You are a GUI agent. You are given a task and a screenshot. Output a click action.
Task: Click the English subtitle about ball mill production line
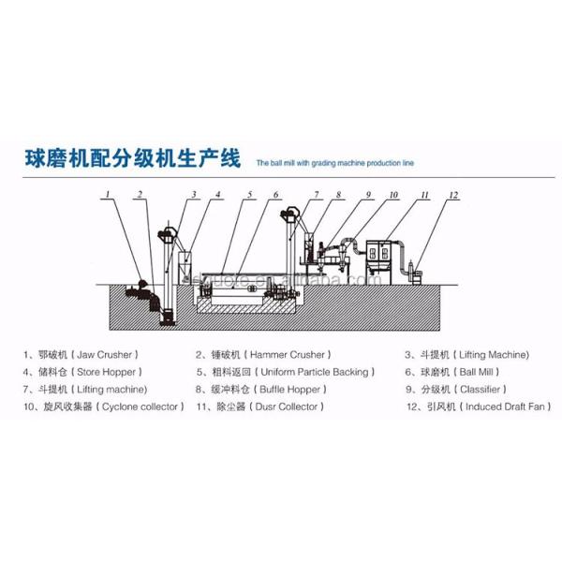point(334,162)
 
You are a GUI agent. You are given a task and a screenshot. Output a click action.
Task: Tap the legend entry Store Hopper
point(83,372)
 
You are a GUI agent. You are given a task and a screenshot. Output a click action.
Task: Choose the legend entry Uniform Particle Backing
point(282,372)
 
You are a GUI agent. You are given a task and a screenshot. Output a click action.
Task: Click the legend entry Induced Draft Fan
point(479,407)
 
